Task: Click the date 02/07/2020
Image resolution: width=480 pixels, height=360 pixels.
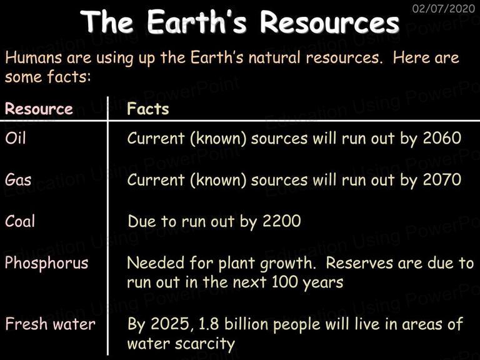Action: (x=444, y=8)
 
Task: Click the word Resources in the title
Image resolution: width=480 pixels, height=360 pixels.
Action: (x=330, y=22)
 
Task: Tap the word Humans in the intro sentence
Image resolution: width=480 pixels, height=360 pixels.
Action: (x=33, y=57)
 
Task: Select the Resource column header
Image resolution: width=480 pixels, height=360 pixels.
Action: (x=39, y=109)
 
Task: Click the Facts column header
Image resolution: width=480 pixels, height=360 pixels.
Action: (x=148, y=109)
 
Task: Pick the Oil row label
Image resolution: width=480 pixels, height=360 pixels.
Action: (x=15, y=137)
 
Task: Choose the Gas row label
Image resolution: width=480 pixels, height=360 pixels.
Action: (x=18, y=179)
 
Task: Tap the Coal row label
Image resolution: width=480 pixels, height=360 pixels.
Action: (x=20, y=221)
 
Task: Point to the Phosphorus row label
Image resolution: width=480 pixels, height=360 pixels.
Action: (x=46, y=263)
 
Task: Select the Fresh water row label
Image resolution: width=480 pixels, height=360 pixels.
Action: (x=50, y=324)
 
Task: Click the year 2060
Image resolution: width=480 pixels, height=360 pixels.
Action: (x=442, y=138)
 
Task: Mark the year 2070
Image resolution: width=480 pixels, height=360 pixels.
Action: (x=442, y=180)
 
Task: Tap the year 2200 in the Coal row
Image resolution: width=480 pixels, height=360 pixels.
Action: (x=282, y=221)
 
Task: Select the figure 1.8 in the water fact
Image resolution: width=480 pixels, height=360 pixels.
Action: (x=209, y=324)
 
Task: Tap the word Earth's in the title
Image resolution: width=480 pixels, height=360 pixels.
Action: (x=196, y=22)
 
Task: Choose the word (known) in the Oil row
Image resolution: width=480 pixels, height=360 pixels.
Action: (x=218, y=139)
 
